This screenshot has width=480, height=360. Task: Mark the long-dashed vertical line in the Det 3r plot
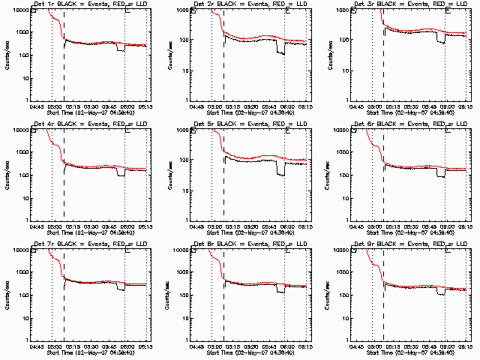coord(383,56)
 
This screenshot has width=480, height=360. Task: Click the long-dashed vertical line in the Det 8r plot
coord(223,296)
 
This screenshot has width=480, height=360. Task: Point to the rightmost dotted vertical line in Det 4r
coord(125,176)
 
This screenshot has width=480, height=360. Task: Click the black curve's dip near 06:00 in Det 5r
coord(280,173)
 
